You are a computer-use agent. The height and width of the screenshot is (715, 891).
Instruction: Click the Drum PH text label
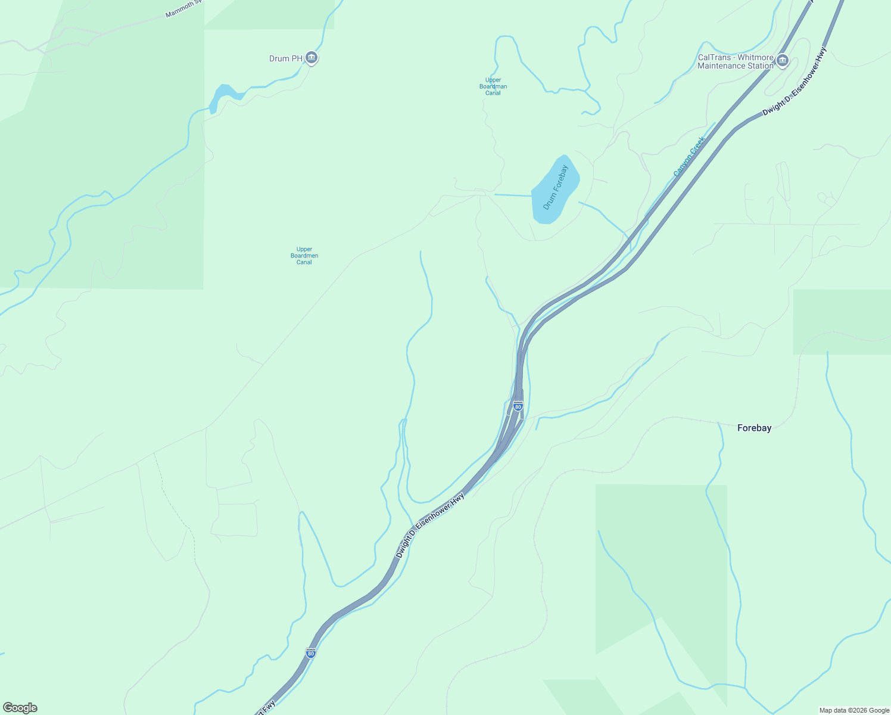tap(286, 58)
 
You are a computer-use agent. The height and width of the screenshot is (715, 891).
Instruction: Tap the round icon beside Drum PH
tap(311, 58)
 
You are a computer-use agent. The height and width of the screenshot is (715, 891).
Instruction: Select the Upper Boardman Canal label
tap(493, 86)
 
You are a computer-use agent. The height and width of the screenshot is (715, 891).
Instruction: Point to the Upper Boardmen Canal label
tap(304, 256)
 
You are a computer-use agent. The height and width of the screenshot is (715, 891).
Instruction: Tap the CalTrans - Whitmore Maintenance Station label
tap(736, 62)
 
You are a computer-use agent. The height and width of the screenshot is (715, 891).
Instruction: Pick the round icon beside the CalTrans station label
tap(783, 60)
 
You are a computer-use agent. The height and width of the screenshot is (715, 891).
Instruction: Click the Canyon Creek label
tap(689, 157)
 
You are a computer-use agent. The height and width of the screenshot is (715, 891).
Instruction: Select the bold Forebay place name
tap(754, 428)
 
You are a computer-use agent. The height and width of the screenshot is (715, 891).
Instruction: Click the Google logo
tap(20, 708)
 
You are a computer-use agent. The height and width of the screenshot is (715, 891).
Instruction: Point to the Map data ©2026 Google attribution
tap(854, 710)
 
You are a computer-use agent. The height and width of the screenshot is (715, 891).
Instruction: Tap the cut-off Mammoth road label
tap(185, 9)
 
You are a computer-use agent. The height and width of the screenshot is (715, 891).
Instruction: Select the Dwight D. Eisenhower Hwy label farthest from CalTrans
tap(430, 525)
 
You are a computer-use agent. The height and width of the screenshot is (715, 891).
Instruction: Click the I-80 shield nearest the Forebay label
tap(518, 406)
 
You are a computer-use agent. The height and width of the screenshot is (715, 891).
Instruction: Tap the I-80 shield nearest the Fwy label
tap(310, 652)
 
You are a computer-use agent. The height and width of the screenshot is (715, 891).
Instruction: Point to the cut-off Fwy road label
tap(266, 708)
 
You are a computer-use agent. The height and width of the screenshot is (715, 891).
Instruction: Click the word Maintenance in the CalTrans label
tap(721, 66)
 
